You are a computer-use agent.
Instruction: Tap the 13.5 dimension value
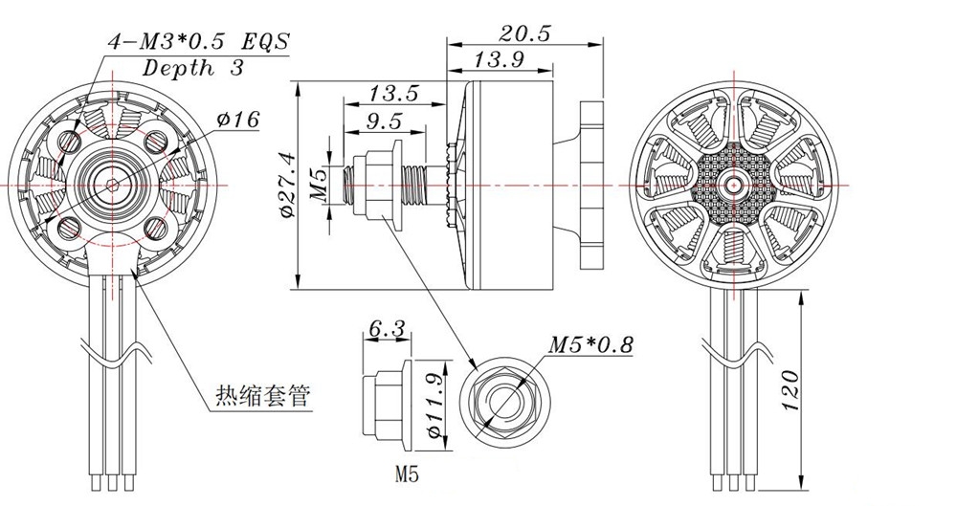[393, 93]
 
